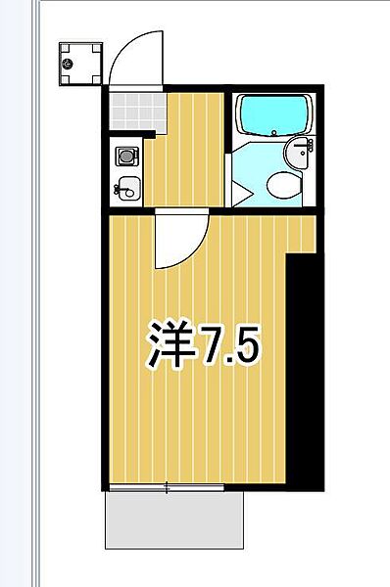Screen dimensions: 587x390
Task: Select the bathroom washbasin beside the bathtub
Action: pos(301,152)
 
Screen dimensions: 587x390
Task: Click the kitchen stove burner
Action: pos(125,155)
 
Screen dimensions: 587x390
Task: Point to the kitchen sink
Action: pos(126,186)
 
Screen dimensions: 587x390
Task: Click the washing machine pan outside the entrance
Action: pos(79,64)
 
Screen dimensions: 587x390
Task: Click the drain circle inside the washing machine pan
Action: pos(69,64)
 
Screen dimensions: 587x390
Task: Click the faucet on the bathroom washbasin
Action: pos(308,148)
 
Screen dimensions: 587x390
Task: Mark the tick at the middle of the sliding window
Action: pos(168,487)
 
